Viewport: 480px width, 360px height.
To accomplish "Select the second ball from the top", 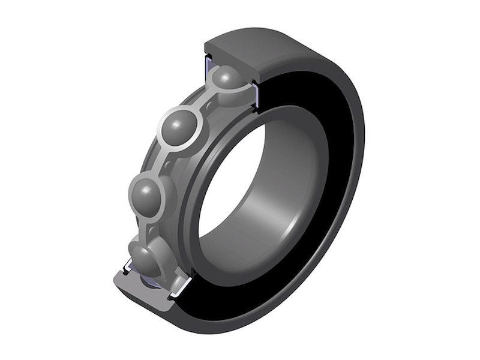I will [x=181, y=127].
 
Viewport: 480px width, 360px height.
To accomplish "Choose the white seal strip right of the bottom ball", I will [x=180, y=288].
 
